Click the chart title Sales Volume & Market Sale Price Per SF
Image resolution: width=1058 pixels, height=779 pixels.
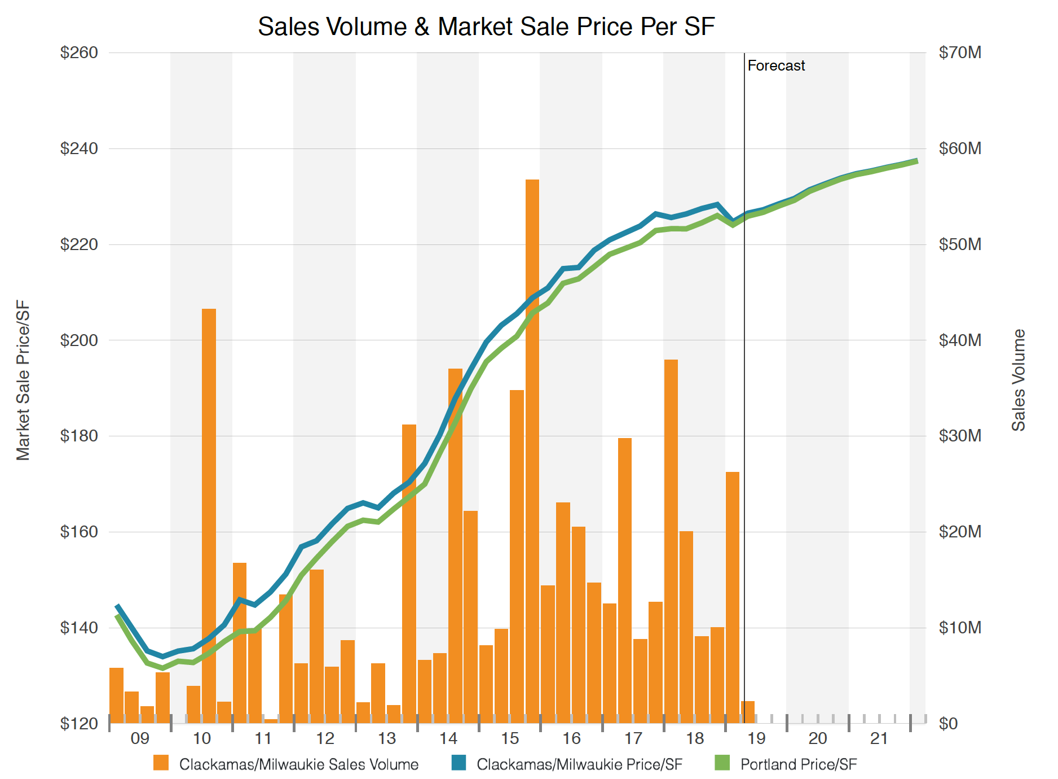coord(486,27)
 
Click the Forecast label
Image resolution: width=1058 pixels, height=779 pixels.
coord(776,65)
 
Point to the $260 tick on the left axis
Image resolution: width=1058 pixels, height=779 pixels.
coord(79,52)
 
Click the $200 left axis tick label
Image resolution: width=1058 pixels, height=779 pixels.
coord(79,340)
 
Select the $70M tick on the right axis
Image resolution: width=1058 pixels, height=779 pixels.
coord(960,52)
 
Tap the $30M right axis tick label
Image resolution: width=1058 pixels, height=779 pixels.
coord(960,436)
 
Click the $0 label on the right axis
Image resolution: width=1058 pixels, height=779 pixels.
coord(949,723)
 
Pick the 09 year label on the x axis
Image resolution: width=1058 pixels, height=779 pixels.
coord(139,738)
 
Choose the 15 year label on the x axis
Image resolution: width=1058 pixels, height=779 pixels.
coord(510,738)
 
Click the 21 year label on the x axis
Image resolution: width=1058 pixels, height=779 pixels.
coord(879,738)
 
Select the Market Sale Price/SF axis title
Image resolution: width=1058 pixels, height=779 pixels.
coord(23,380)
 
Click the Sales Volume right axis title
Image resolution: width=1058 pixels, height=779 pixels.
coord(1018,380)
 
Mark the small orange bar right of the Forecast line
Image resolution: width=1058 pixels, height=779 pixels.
coord(748,712)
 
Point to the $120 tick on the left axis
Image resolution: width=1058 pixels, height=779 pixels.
coord(79,723)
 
